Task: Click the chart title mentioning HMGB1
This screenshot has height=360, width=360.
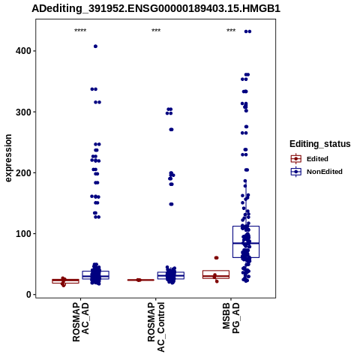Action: pos(156,9)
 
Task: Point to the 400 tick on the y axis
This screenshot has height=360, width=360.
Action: pos(23,51)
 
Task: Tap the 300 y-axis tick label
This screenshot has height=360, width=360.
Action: pos(23,112)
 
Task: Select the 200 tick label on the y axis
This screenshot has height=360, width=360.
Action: pos(23,172)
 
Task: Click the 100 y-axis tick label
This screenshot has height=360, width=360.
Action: pos(23,234)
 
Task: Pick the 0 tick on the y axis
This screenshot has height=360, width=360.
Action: pos(29,295)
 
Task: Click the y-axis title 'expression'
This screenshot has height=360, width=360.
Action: pos(8,158)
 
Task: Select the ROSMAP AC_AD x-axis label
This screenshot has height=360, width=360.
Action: pos(80,322)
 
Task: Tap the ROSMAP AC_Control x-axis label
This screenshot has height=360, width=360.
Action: pos(156,327)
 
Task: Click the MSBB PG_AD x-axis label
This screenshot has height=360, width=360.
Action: pos(231,318)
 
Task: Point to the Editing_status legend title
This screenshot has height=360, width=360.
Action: pos(320,144)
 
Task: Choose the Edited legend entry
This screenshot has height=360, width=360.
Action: pos(310,159)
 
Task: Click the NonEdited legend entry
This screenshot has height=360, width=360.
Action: pos(316,172)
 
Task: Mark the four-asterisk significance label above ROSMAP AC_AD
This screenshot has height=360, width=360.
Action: pos(80,31)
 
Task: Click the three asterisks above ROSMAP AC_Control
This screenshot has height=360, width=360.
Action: pos(156,31)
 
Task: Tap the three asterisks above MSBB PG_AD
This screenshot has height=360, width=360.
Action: pos(231,31)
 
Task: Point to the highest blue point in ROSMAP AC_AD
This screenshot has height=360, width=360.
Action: pos(95,46)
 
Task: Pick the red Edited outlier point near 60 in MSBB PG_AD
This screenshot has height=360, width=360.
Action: pos(216,258)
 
